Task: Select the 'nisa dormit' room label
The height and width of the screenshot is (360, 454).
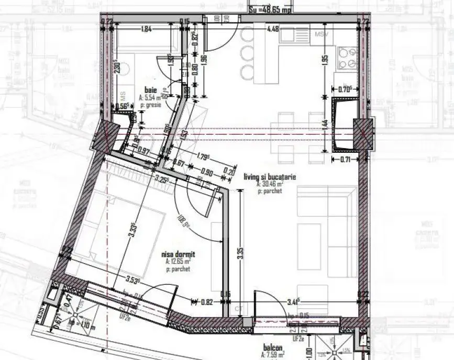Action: click(x=175, y=254)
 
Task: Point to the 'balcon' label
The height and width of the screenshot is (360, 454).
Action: click(x=273, y=348)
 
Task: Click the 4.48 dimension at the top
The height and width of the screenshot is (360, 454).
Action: click(x=272, y=29)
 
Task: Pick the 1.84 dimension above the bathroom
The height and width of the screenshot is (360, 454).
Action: click(x=146, y=29)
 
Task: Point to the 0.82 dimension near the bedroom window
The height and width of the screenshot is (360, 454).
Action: click(x=207, y=301)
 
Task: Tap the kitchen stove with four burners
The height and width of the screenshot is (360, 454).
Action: click(x=346, y=59)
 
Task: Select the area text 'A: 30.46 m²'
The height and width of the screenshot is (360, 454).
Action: click(x=270, y=185)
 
